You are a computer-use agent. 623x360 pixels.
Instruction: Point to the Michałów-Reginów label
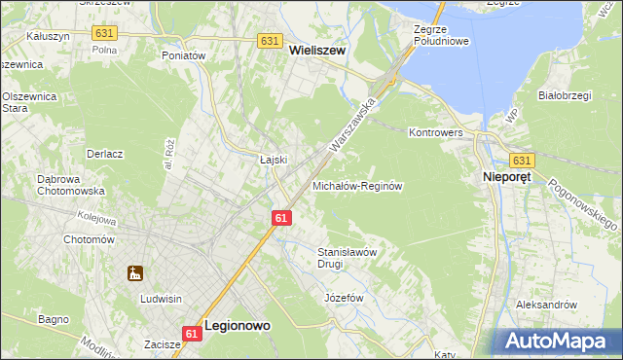click(357, 185)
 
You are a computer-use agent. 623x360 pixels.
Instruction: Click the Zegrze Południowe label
click(441, 36)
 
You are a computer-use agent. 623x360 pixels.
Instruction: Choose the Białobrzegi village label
click(567, 96)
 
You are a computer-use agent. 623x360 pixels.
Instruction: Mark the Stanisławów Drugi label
click(348, 257)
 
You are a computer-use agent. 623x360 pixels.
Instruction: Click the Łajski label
click(273, 160)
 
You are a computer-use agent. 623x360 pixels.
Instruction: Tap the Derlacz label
click(104, 154)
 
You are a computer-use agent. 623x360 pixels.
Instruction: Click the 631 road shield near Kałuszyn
click(104, 33)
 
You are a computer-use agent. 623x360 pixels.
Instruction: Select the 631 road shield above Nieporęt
click(522, 161)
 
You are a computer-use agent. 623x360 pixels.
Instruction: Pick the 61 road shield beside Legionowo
click(192, 334)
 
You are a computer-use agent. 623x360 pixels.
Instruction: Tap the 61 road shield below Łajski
click(281, 218)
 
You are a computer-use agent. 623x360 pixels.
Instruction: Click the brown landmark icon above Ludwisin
click(135, 274)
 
